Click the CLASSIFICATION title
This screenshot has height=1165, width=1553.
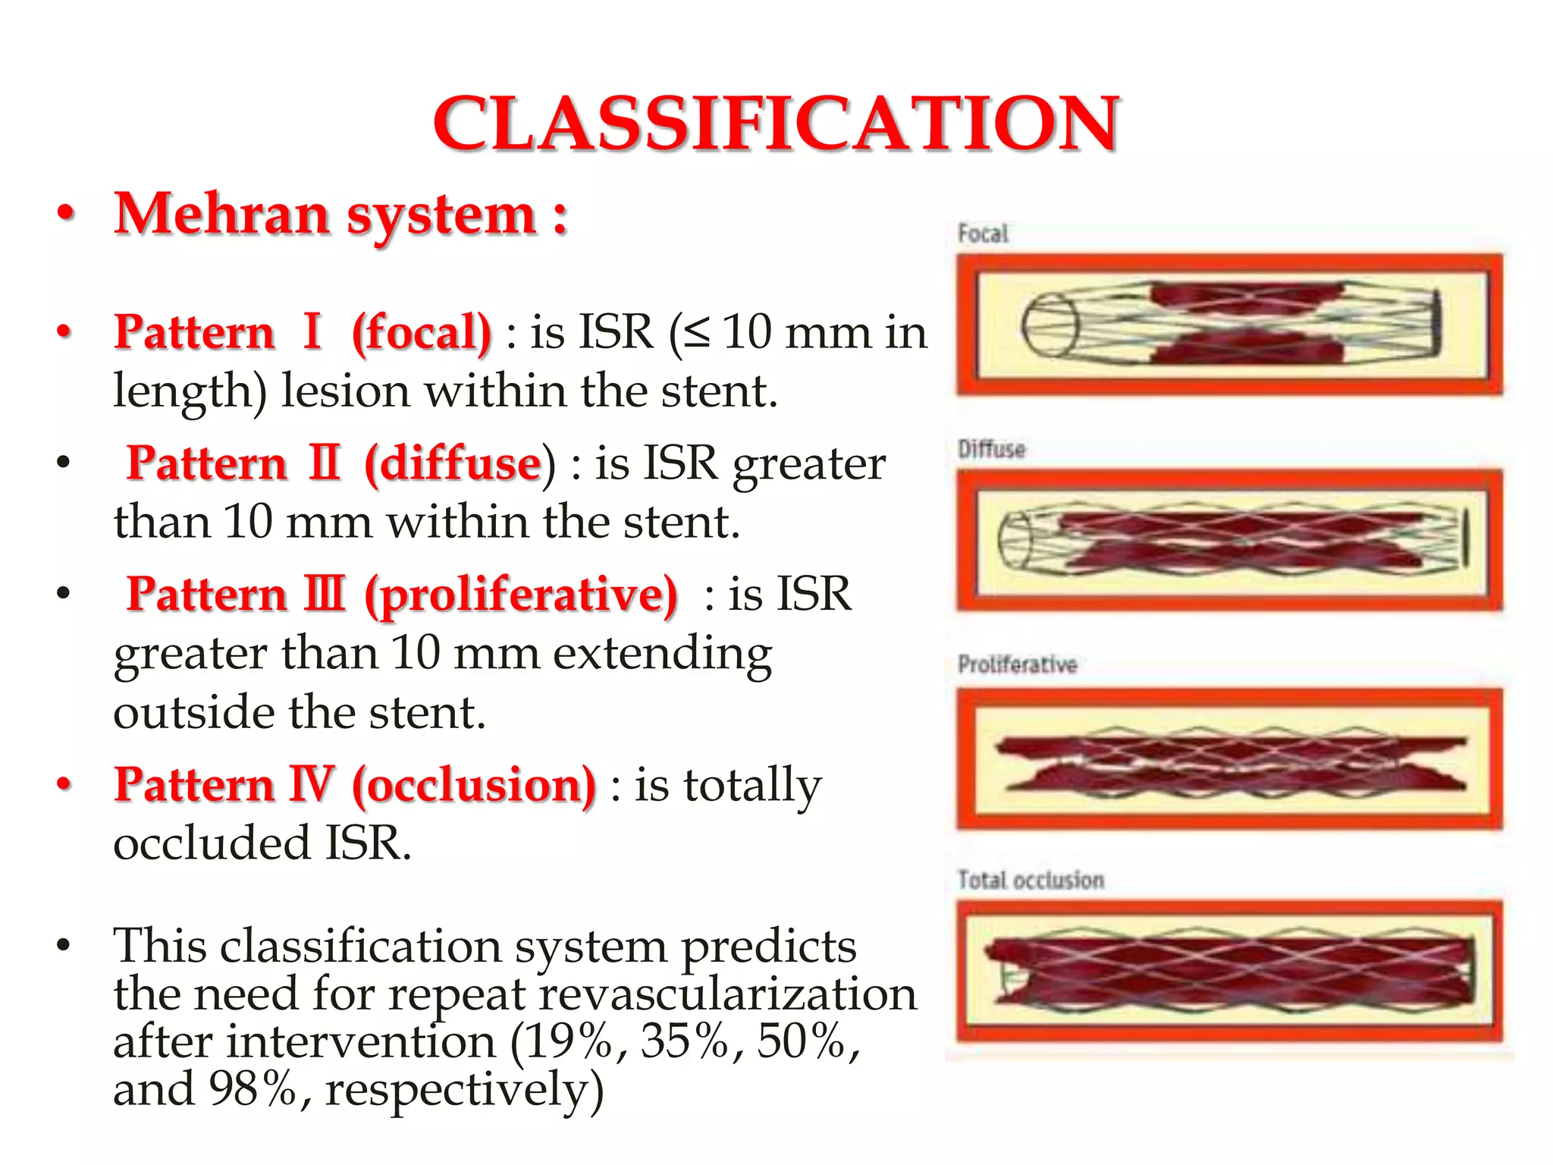775,124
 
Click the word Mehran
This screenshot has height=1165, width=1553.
221,215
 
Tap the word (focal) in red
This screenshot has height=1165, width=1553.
421,332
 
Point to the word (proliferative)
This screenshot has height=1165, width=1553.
521,594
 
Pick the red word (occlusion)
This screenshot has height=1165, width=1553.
474,785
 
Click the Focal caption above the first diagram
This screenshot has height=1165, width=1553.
983,234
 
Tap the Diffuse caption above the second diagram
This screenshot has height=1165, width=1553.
991,449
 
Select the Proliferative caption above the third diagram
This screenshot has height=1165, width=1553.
1017,664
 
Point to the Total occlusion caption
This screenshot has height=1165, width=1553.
1031,880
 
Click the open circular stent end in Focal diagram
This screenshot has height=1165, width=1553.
1049,325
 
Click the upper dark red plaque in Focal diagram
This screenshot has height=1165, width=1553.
1244,297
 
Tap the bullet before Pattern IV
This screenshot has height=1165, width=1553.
65,784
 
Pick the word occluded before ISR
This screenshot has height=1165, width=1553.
212,843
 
